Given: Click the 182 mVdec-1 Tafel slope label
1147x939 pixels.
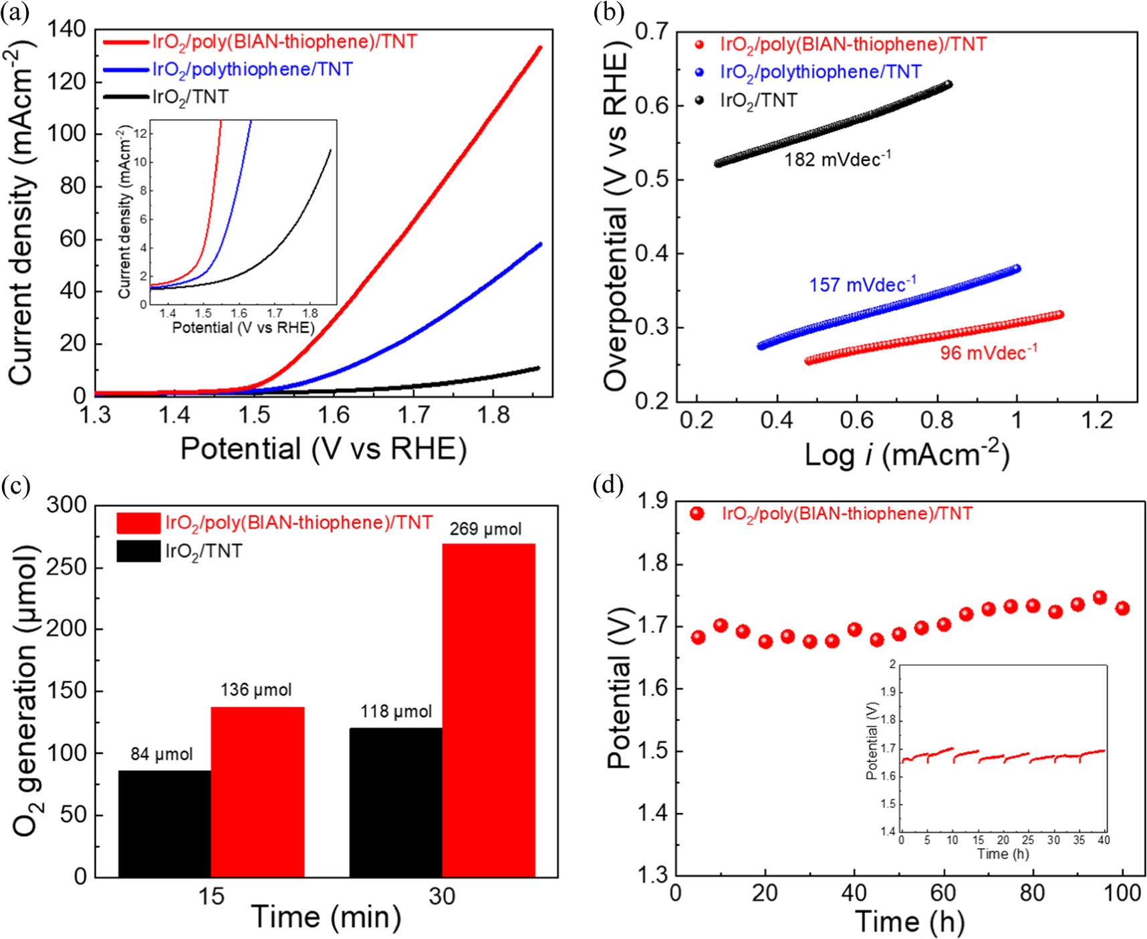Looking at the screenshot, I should pyautogui.click(x=837, y=160).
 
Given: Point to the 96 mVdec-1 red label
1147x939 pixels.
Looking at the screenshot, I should pyautogui.click(x=988, y=352).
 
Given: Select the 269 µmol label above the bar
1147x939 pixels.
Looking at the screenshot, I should pyautogui.click(x=485, y=529).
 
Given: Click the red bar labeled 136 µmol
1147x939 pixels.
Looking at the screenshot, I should pyautogui.click(x=257, y=791).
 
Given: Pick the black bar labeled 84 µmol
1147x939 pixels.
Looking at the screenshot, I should pyautogui.click(x=164, y=823).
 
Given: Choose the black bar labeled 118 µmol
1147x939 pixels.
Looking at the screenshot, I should pyautogui.click(x=396, y=802).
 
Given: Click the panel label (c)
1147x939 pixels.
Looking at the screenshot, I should pyautogui.click(x=15, y=486).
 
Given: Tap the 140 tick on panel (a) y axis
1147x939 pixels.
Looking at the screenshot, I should pyautogui.click(x=67, y=29).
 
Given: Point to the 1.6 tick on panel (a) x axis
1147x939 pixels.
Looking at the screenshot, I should pyautogui.click(x=333, y=416).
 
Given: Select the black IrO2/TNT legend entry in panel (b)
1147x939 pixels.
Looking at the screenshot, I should pyautogui.click(x=758, y=101).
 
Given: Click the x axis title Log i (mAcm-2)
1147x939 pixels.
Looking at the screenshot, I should pyautogui.click(x=906, y=455).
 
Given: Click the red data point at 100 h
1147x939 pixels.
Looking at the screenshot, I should pyautogui.click(x=1122, y=608).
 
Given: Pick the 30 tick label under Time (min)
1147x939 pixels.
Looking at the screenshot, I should pyautogui.click(x=442, y=896).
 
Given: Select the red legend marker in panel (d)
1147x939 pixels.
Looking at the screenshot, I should pyautogui.click(x=697, y=514).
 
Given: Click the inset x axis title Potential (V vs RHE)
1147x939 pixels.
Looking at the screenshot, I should pyautogui.click(x=243, y=327).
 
